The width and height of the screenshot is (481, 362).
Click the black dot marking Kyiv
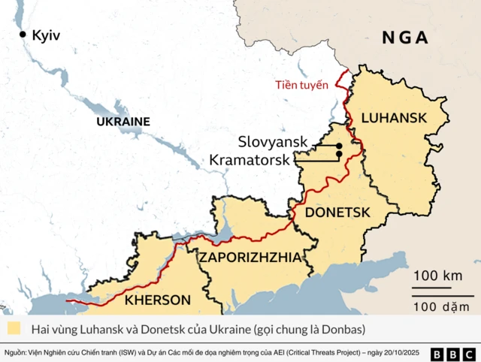(x=23, y=34)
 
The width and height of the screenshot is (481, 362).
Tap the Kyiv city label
(x=46, y=35)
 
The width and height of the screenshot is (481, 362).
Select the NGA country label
(x=404, y=38)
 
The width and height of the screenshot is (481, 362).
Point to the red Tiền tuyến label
(x=301, y=85)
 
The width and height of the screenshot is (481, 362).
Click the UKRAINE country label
(x=123, y=121)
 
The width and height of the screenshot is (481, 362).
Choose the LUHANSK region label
(x=394, y=117)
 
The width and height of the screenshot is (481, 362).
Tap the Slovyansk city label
(x=283, y=141)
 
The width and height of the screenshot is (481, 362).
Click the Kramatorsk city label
(x=250, y=159)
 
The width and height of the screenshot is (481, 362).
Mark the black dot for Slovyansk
(x=339, y=145)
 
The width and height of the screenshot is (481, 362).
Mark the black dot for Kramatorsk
(x=339, y=155)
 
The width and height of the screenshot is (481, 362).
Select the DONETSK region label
(x=337, y=213)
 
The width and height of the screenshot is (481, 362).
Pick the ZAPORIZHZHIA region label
(x=250, y=258)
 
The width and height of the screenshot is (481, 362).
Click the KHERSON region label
(x=157, y=300)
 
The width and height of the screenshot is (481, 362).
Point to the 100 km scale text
(x=437, y=275)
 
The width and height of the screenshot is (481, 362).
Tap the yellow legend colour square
(x=14, y=329)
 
